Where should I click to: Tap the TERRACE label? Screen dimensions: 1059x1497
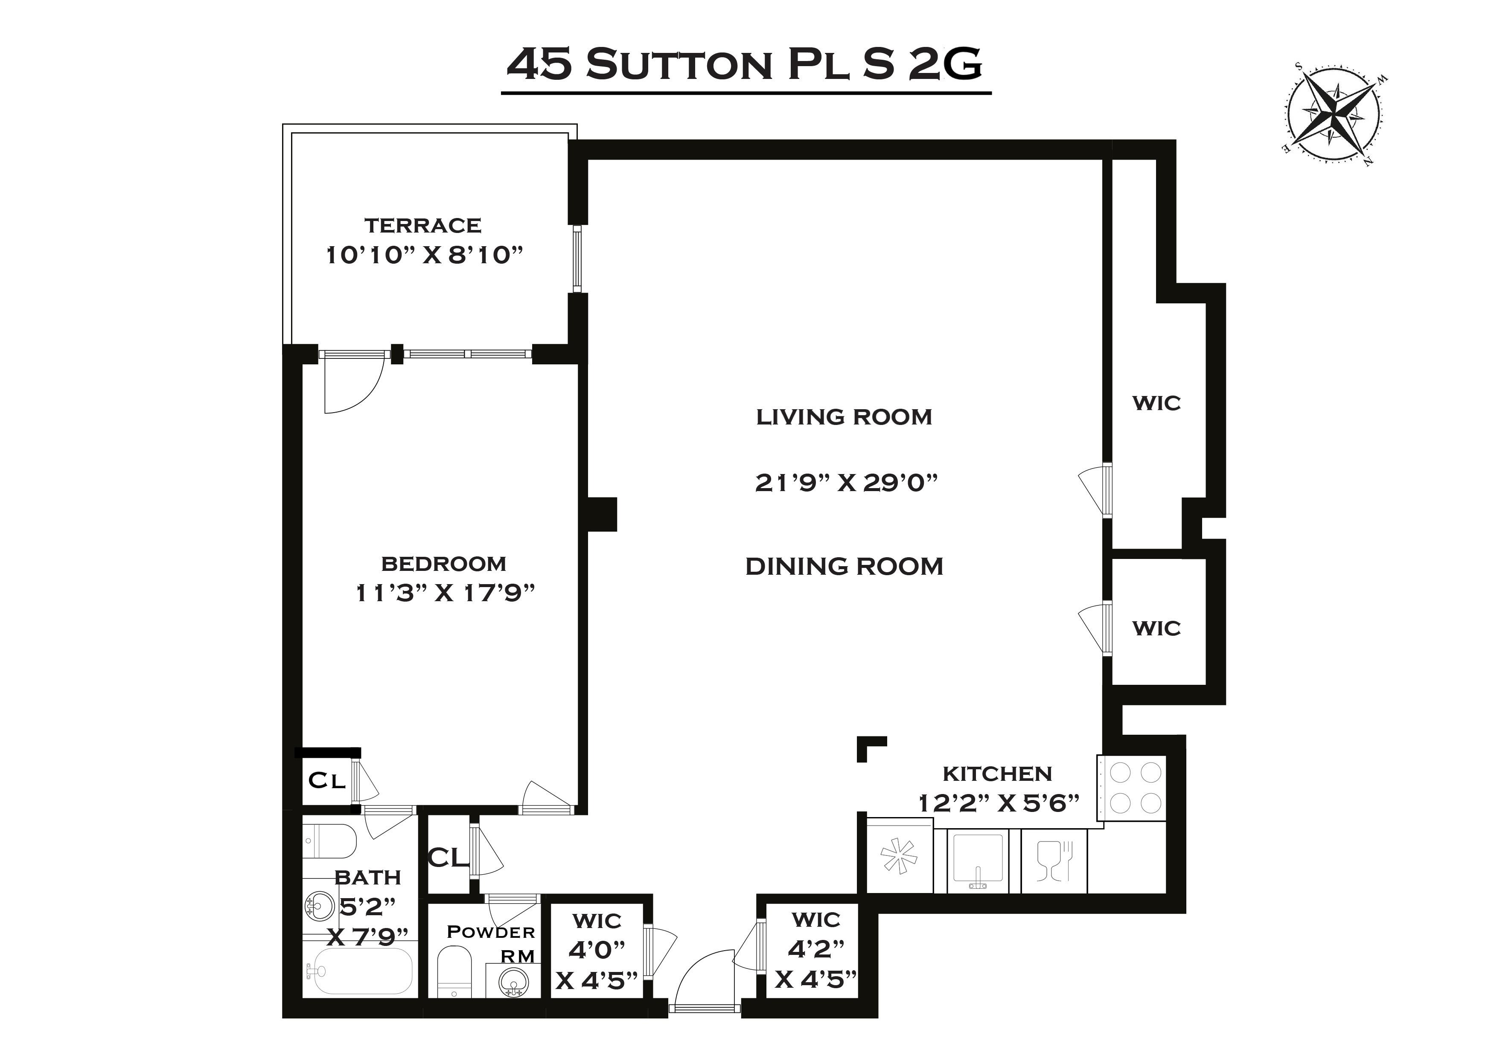pos(423,226)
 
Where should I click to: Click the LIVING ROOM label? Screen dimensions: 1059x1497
pos(844,417)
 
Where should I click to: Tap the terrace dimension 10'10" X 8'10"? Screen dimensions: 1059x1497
pos(425,255)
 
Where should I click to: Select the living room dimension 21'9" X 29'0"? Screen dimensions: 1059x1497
pos(846,483)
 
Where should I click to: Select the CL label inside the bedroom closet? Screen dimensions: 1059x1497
pos(326,780)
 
